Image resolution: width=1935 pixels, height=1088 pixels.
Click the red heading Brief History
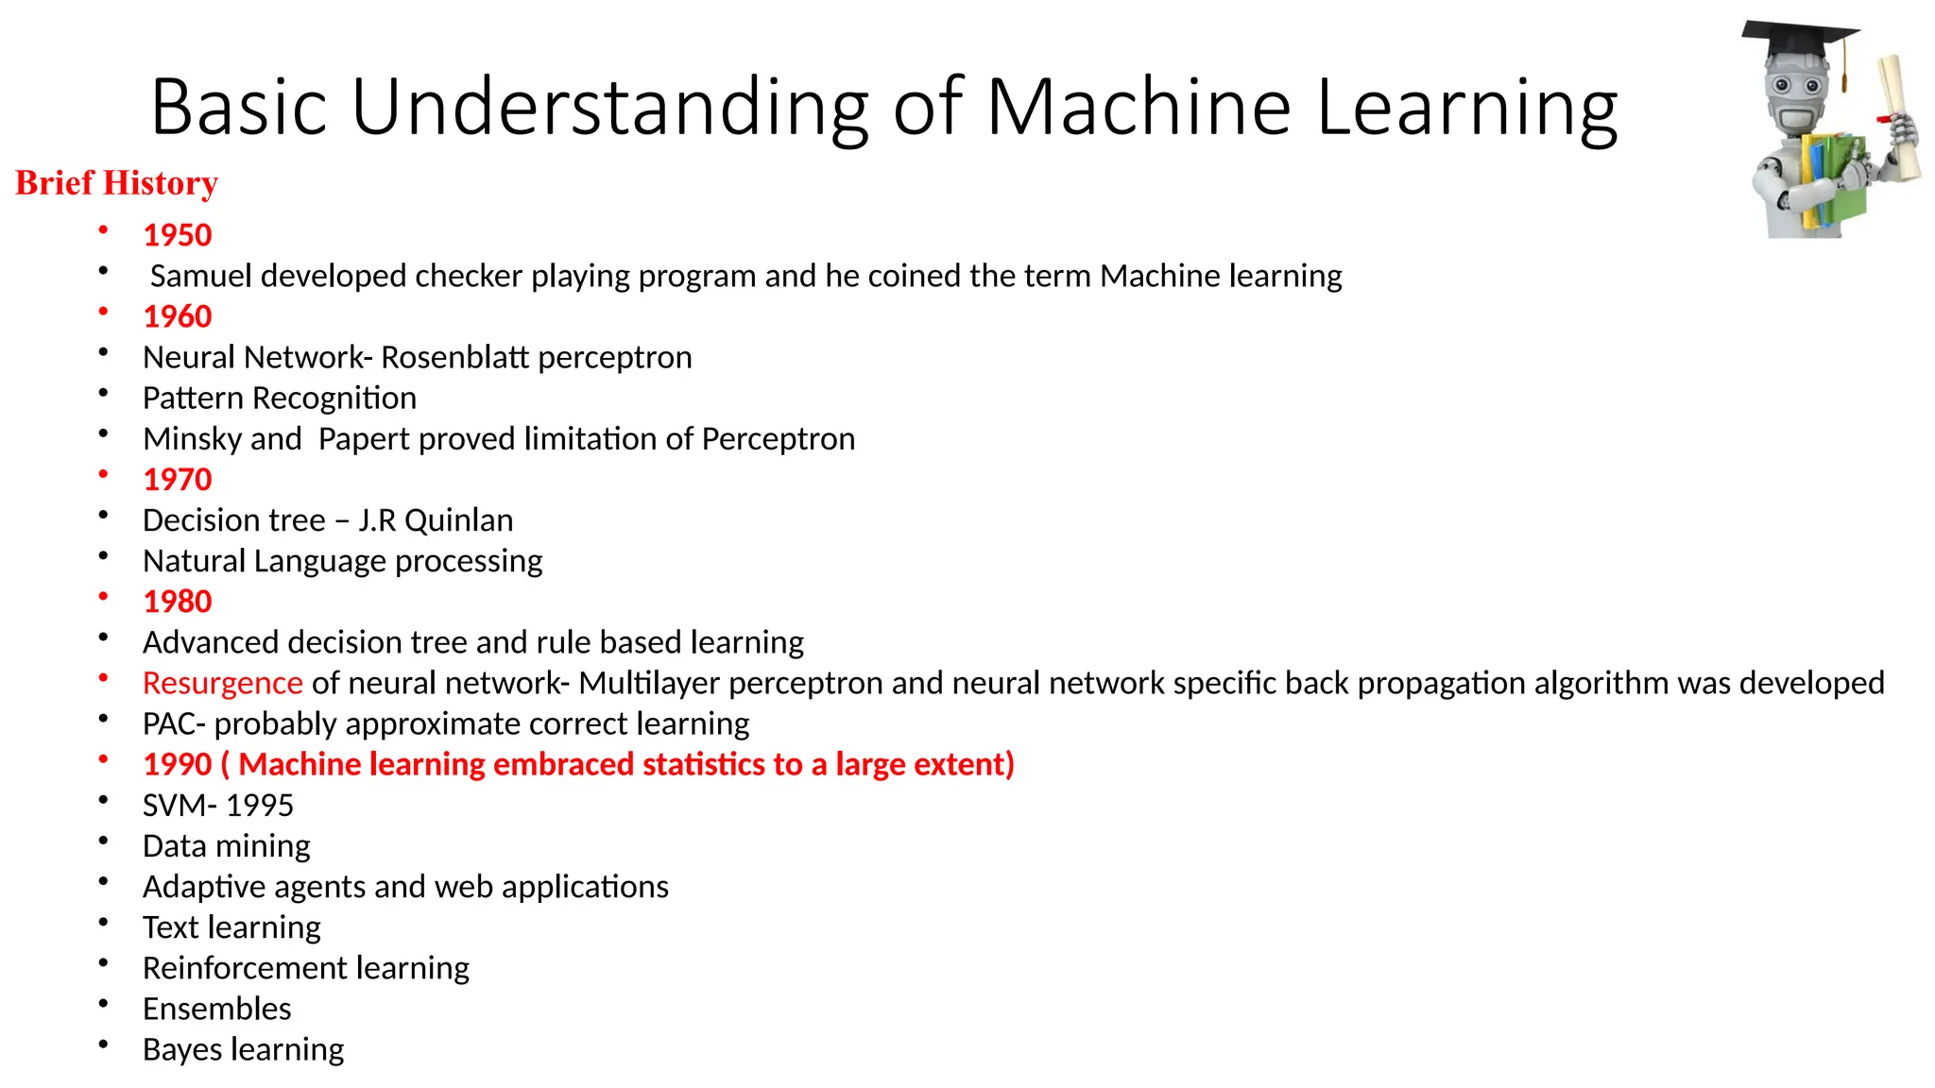point(116,183)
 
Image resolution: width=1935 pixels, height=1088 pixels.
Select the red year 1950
point(178,235)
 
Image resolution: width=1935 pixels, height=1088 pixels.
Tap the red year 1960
point(178,316)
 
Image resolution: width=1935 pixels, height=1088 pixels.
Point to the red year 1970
point(178,480)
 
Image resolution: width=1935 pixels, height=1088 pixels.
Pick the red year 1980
point(178,602)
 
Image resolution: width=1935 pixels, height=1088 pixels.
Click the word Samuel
point(200,276)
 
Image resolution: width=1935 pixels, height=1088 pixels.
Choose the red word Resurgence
point(222,683)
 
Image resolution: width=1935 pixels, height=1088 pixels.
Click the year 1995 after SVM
point(259,806)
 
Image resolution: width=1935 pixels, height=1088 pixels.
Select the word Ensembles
point(216,1009)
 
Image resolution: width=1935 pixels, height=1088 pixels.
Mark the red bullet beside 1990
point(103,758)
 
